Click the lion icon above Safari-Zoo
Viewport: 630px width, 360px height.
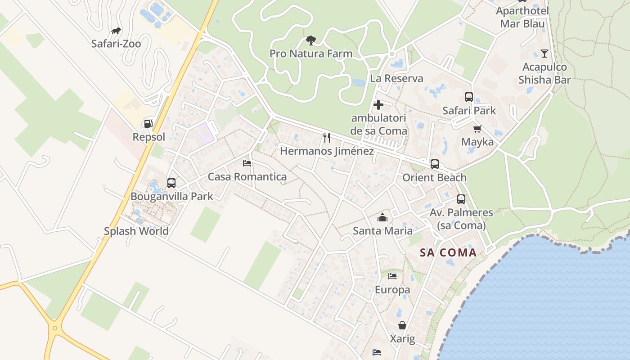click(116, 31)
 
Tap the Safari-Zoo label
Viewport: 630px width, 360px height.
click(116, 44)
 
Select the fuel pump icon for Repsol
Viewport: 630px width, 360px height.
click(148, 123)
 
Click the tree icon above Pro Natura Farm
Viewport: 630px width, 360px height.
click(310, 41)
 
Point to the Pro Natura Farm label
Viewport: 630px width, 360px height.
click(311, 54)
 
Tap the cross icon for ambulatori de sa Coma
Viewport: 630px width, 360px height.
click(378, 105)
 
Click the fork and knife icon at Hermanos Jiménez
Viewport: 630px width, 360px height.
click(327, 137)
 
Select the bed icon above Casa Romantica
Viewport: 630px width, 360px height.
click(247, 163)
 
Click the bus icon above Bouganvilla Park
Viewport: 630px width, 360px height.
click(171, 183)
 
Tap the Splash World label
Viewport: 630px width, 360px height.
click(136, 231)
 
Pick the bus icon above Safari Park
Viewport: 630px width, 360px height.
click(469, 97)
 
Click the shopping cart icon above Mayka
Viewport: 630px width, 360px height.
click(477, 129)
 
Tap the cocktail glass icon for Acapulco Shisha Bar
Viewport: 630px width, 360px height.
click(544, 54)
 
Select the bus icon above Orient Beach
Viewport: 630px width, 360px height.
click(434, 164)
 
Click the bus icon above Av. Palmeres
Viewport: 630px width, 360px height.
click(461, 199)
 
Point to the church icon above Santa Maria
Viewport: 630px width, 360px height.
click(382, 218)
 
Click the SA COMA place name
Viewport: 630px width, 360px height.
click(448, 252)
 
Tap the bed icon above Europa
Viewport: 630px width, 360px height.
click(392, 276)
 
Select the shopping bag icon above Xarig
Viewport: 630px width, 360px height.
click(402, 325)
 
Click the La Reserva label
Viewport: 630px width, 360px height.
click(396, 78)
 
